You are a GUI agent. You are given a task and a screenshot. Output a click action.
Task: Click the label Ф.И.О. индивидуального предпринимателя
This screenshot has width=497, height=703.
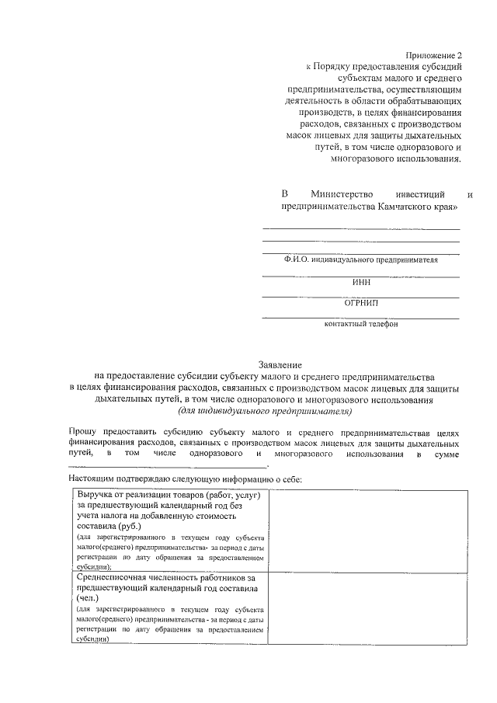[360, 260]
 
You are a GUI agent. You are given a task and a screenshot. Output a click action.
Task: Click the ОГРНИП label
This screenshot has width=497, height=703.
[361, 303]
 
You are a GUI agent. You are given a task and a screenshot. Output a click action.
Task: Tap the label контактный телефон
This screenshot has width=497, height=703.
[361, 325]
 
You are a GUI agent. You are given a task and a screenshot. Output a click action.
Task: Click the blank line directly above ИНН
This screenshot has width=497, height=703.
[360, 276]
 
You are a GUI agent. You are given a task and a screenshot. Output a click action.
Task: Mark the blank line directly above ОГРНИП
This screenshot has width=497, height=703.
[360, 297]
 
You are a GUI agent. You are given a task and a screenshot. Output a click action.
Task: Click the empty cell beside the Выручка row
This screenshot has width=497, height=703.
[367, 531]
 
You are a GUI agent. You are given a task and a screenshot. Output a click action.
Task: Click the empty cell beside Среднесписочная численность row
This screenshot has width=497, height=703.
[367, 607]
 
